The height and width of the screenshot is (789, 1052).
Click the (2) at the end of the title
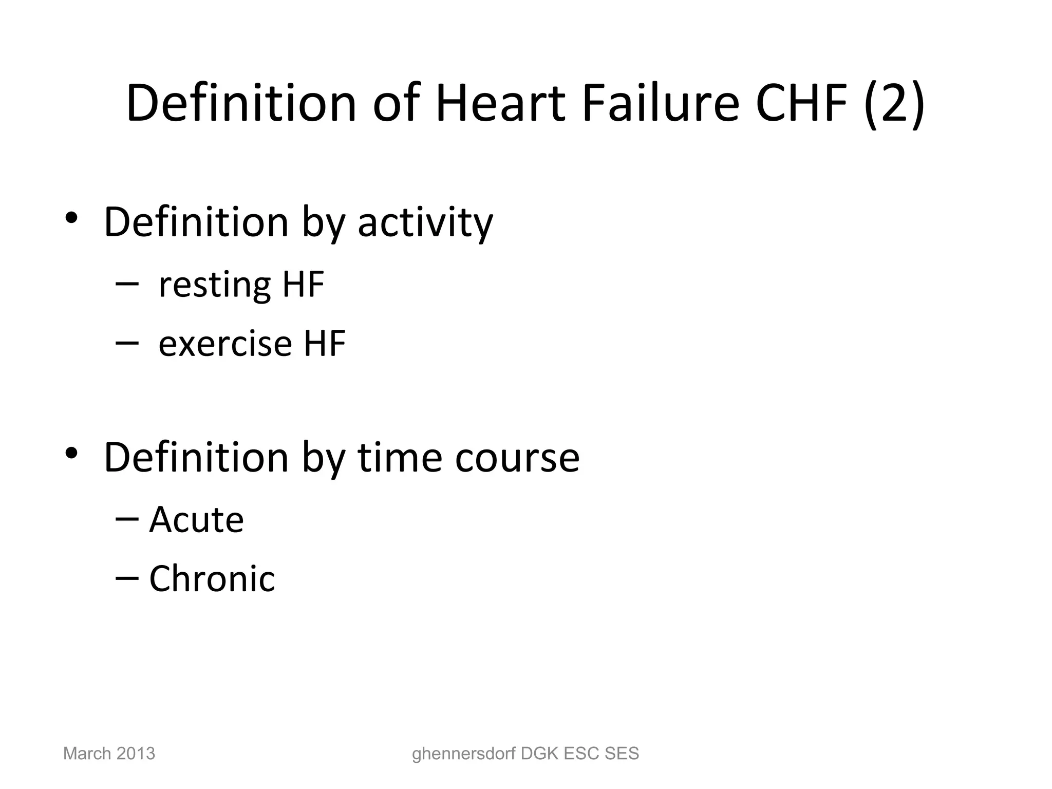[894, 104]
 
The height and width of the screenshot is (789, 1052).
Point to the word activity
[425, 223]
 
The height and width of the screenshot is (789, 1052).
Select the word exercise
[224, 343]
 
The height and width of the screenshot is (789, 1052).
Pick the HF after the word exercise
[325, 343]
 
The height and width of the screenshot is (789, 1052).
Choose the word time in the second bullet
[399, 457]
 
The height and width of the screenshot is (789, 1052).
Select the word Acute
[196, 520]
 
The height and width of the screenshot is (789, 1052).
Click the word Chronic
[212, 578]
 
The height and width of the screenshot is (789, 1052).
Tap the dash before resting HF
[127, 283]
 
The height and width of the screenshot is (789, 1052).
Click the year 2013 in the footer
[136, 754]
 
